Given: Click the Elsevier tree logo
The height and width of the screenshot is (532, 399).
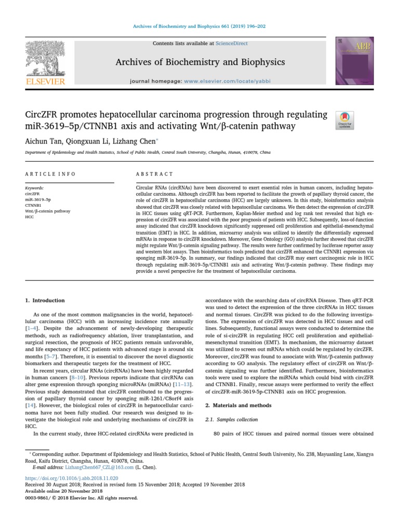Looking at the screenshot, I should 46,60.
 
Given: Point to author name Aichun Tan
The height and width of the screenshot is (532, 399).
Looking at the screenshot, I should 43,141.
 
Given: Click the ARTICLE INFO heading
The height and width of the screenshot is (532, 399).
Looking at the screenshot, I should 50,174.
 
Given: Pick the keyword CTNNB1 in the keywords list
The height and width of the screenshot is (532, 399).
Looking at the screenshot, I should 33,205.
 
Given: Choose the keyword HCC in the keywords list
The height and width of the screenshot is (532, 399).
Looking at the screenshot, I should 30,217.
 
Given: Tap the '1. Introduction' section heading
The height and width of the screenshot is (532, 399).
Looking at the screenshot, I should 45,300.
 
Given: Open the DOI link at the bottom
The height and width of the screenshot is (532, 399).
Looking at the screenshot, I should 72,477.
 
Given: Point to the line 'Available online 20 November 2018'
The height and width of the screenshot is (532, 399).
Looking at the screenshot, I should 63,490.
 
